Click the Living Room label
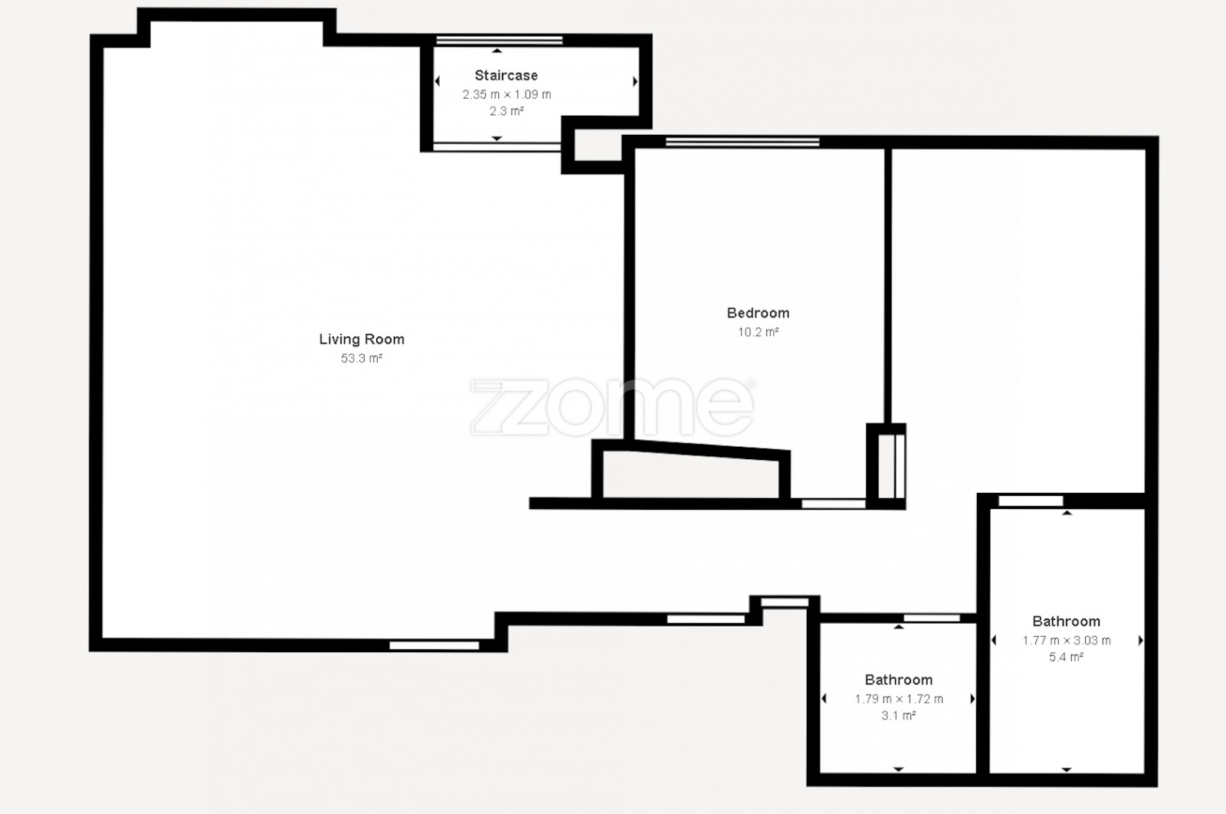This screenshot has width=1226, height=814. pyautogui.click(x=362, y=340)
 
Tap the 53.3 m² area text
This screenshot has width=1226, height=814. pyautogui.click(x=362, y=359)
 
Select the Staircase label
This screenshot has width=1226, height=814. pyautogui.click(x=506, y=76)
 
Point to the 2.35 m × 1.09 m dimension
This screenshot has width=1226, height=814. pyautogui.click(x=506, y=95)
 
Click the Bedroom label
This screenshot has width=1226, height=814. pyautogui.click(x=758, y=313)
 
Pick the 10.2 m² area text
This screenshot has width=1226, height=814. pyautogui.click(x=758, y=333)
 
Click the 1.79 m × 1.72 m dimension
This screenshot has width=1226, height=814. pyautogui.click(x=900, y=699)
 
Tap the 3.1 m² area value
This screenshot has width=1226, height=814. pyautogui.click(x=899, y=715)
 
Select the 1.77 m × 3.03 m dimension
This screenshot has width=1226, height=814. pyautogui.click(x=1067, y=641)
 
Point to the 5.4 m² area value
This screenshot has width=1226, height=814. pyautogui.click(x=1066, y=657)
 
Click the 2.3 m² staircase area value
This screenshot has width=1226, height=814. pyautogui.click(x=506, y=111)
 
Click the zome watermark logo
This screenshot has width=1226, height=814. pyautogui.click(x=613, y=408)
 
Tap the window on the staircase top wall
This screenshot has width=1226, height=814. pyautogui.click(x=499, y=40)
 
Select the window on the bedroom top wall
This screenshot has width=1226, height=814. pyautogui.click(x=742, y=142)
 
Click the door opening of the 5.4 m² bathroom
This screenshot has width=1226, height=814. pyautogui.click(x=1031, y=501)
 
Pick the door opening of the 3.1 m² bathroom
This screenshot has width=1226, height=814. pyautogui.click(x=932, y=618)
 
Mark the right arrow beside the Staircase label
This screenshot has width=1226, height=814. pyautogui.click(x=635, y=81)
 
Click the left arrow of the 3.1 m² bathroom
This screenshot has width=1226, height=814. pyautogui.click(x=824, y=698)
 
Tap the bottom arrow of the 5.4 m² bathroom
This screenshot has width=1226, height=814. pyautogui.click(x=1066, y=770)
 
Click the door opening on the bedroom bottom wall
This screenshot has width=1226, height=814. pyautogui.click(x=834, y=504)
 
